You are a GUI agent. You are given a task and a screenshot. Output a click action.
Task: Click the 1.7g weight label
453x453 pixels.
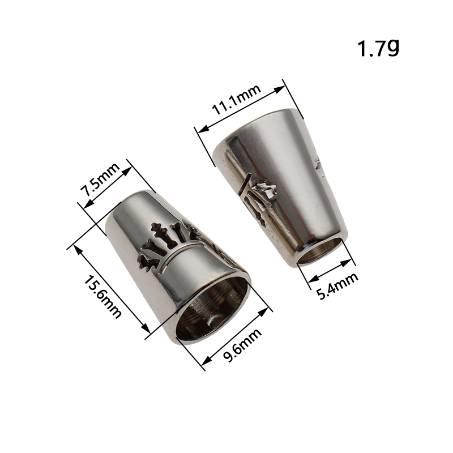[378, 48]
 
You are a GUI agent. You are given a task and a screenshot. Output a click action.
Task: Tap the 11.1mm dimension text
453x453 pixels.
[236, 100]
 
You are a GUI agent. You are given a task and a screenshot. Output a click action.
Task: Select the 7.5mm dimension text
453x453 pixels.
[100, 179]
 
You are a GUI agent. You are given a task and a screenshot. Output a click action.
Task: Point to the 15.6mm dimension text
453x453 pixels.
[102, 296]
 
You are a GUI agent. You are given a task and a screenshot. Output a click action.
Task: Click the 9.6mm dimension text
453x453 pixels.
[242, 345]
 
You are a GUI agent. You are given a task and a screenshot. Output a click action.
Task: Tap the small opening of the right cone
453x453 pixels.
[319, 252]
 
